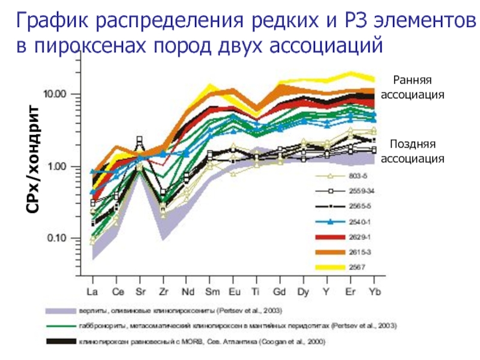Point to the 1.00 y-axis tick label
pyautogui.click(x=59, y=166)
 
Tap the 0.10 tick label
pyautogui.click(x=59, y=238)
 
